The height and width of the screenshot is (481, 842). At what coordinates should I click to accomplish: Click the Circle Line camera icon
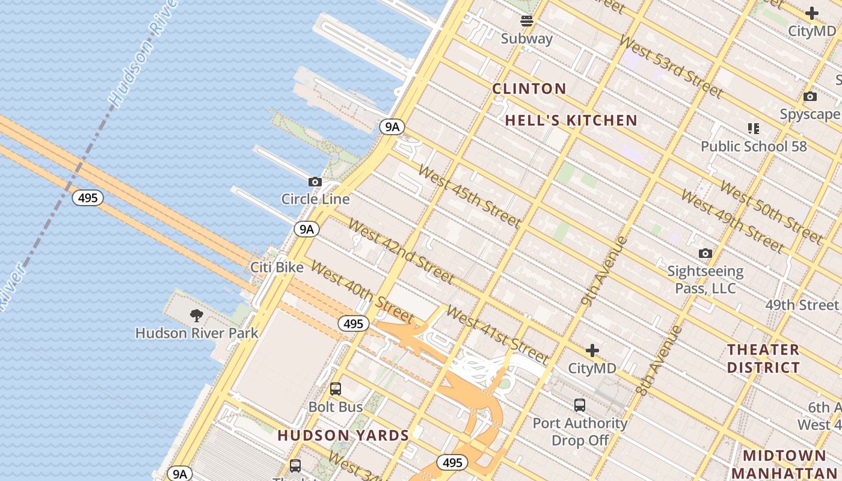[315, 182]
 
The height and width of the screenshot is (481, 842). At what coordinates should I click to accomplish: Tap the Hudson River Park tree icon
[196, 315]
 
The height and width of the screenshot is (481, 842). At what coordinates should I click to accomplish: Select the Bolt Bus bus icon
[336, 389]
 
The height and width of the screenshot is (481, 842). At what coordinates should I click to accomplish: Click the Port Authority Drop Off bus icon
[580, 405]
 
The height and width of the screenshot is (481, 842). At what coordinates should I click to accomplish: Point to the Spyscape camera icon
[810, 96]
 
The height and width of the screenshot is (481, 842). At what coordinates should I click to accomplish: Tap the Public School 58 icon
[754, 128]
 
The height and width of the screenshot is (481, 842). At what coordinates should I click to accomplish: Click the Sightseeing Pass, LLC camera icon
[705, 253]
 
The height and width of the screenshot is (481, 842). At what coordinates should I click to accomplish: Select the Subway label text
[527, 38]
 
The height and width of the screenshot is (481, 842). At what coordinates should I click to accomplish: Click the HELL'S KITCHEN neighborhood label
[571, 120]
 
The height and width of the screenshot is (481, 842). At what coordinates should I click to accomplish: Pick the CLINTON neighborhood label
[529, 89]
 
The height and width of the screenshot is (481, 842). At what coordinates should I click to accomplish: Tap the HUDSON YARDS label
[343, 435]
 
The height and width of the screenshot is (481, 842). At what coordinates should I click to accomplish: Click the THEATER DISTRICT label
[763, 358]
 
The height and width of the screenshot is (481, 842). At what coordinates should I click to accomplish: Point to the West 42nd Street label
[401, 251]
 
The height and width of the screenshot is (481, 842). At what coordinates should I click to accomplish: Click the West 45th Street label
[469, 196]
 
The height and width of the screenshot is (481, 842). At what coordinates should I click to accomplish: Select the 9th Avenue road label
[604, 271]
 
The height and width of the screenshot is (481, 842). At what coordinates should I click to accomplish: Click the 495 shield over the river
[88, 198]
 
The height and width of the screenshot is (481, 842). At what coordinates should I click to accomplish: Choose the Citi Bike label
[277, 267]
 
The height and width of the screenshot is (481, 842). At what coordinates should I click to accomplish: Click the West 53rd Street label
[670, 67]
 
